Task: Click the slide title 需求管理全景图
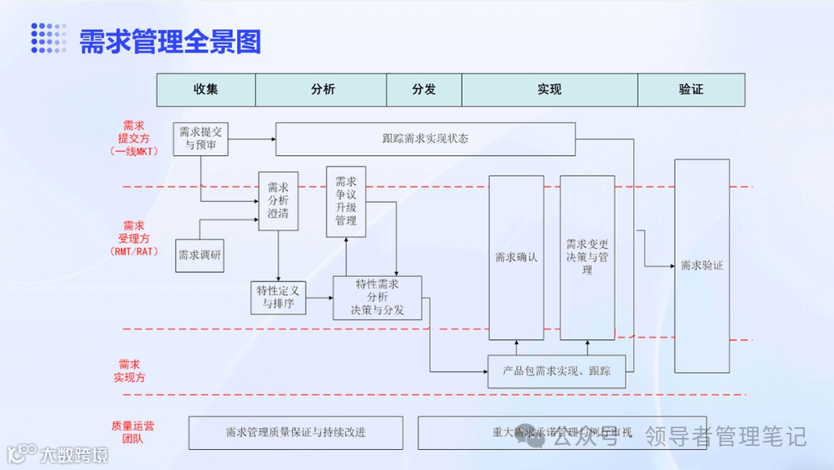tap(170, 41)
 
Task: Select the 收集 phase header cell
tap(206, 90)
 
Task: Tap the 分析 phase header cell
tap(323, 90)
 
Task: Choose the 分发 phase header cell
tap(424, 90)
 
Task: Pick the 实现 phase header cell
tap(549, 90)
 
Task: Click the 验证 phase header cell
tap(691, 90)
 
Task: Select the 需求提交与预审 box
tap(201, 138)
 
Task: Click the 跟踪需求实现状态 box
tap(425, 139)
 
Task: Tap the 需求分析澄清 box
tap(278, 200)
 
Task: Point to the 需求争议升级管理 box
tap(346, 201)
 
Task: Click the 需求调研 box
tap(200, 255)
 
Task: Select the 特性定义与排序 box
tap(278, 297)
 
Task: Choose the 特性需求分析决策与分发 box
tap(378, 298)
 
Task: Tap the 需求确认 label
tap(517, 257)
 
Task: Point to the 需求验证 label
tap(702, 266)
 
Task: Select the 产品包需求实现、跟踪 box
tap(557, 371)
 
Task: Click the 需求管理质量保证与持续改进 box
tap(296, 433)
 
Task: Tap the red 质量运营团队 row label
tap(132, 432)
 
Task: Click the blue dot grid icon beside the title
tap(49, 38)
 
